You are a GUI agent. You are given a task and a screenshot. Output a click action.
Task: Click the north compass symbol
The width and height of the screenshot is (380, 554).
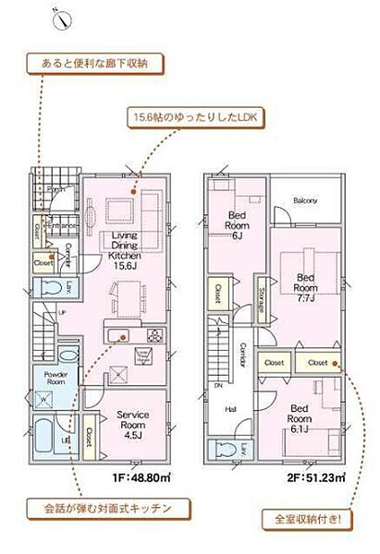(x=59, y=18)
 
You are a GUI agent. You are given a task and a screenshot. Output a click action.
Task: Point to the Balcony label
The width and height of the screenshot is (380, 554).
(x=306, y=200)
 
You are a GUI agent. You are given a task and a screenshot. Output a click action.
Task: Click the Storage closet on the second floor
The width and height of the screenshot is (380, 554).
(x=263, y=297)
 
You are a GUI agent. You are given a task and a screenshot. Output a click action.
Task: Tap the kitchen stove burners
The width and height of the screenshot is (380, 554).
(x=153, y=337)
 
